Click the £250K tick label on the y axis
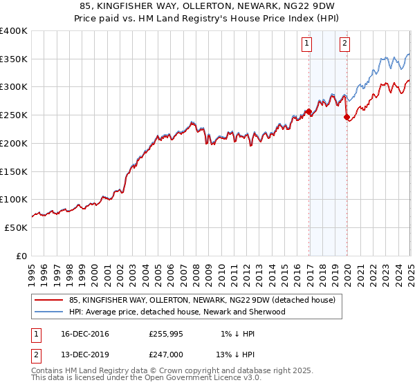point(14,115)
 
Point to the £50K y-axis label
point(16,227)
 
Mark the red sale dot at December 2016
point(308,111)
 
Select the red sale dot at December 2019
point(347,117)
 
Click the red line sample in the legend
point(48,300)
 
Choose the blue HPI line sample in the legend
point(48,312)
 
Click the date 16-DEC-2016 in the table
point(85,334)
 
